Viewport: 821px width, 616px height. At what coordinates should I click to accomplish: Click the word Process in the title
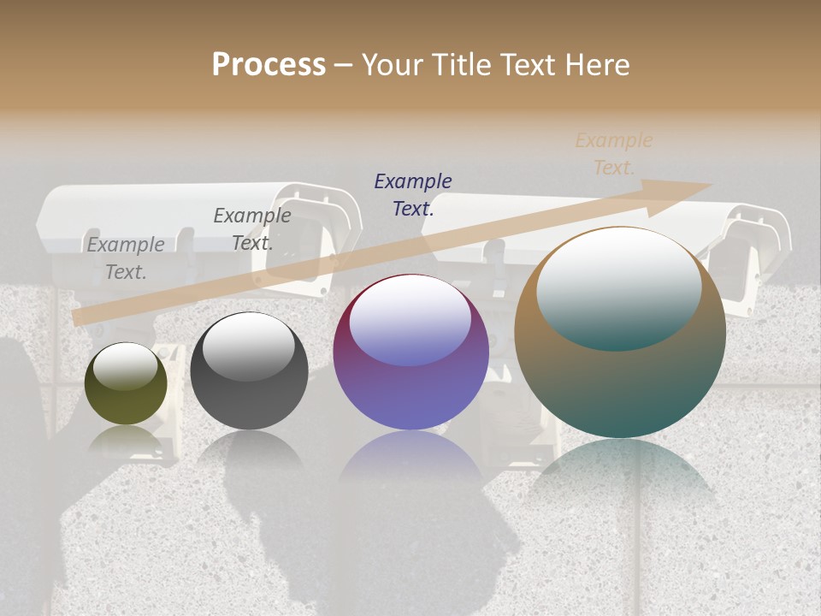click(x=269, y=65)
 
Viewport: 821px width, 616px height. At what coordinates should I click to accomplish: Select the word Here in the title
click(x=597, y=65)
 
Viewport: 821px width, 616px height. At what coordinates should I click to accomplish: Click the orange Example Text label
click(x=613, y=154)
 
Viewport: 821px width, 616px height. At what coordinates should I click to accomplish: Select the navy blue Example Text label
click(x=413, y=194)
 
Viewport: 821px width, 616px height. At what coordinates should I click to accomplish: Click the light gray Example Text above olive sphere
click(x=126, y=258)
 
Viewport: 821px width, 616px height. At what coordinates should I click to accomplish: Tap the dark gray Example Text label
click(x=252, y=228)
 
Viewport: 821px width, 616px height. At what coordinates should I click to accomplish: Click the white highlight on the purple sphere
click(x=410, y=323)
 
